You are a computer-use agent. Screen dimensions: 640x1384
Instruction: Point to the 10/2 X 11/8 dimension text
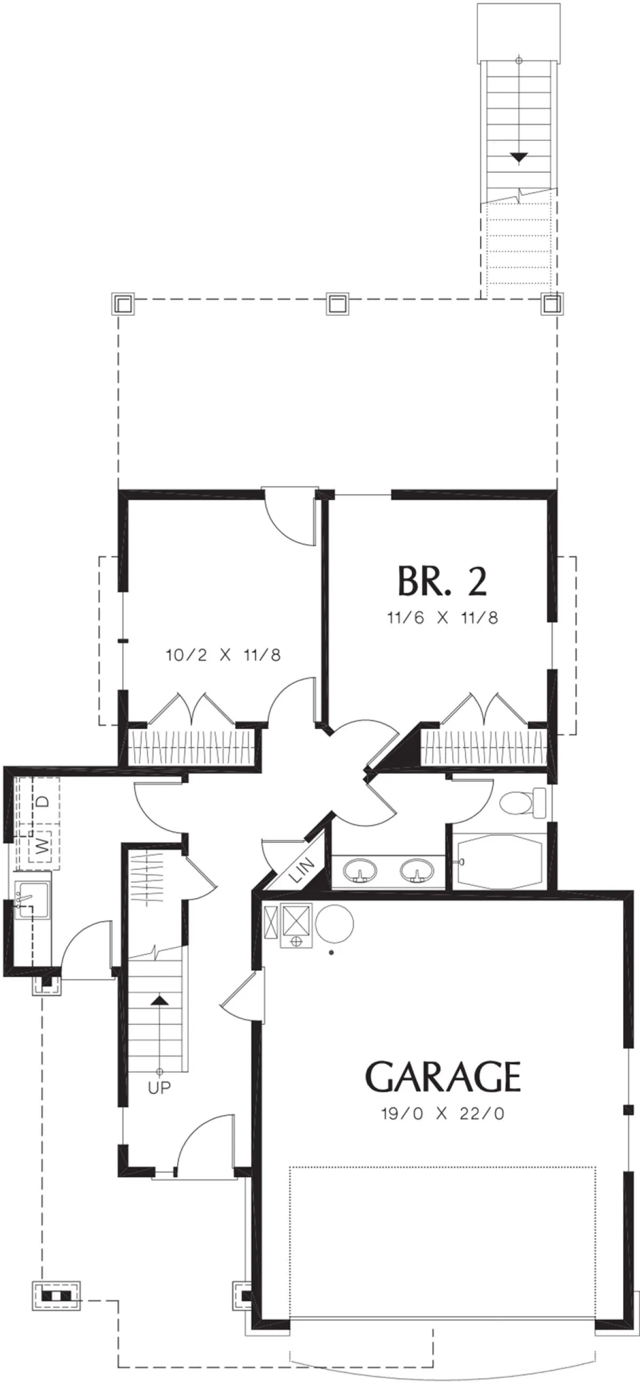pos(223,655)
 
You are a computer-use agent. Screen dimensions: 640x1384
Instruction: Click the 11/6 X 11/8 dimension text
pos(442,618)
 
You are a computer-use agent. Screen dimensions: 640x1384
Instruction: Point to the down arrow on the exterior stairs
pos(518,157)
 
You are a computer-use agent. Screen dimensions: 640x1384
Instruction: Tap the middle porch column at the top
pos(338,304)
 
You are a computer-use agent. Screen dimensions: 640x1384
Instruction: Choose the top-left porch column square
pos(122,304)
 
